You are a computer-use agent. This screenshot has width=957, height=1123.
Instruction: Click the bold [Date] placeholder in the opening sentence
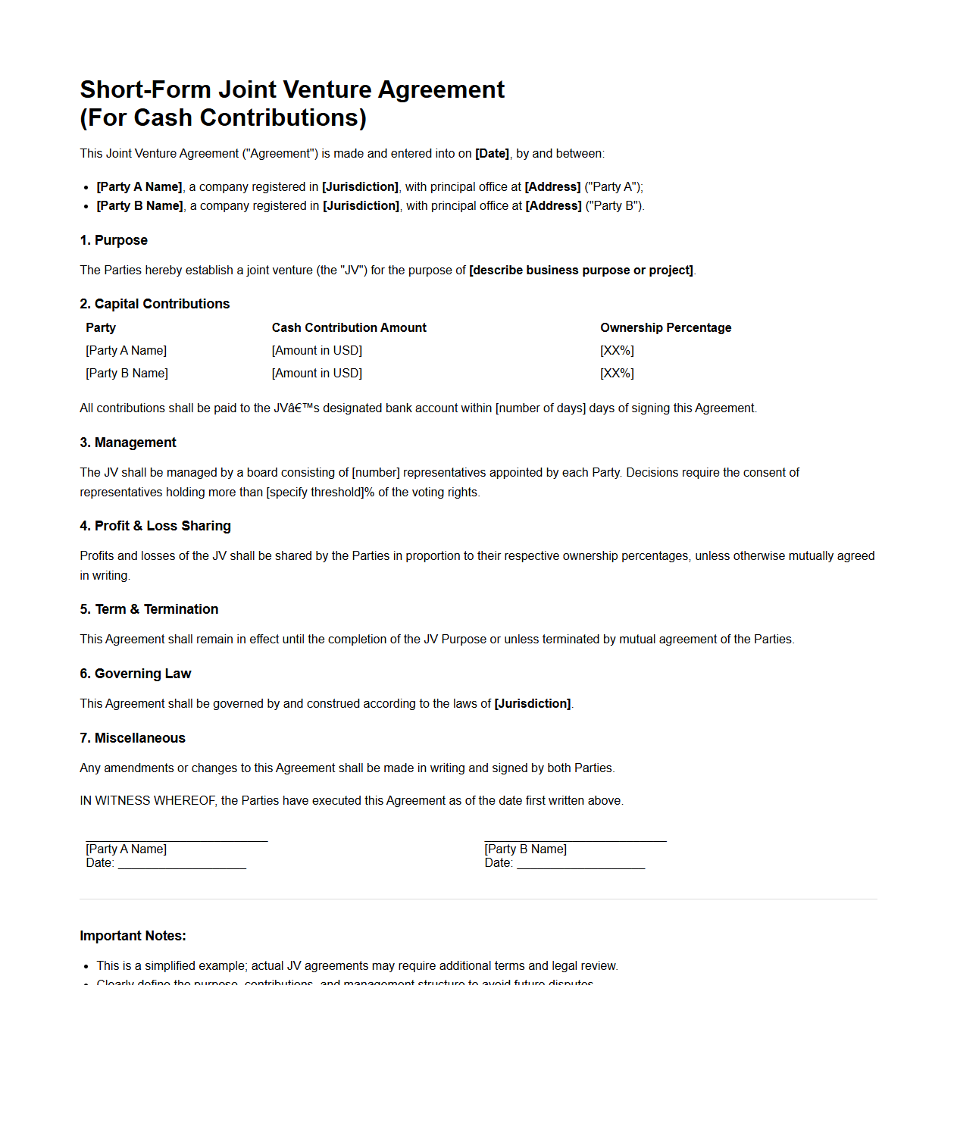click(492, 154)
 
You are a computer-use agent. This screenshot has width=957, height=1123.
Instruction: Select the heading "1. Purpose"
click(114, 240)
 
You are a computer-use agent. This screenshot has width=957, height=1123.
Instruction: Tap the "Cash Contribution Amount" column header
click(349, 327)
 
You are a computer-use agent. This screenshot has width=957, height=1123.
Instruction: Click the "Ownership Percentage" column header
click(665, 327)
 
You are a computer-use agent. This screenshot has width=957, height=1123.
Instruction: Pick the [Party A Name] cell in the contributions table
click(126, 350)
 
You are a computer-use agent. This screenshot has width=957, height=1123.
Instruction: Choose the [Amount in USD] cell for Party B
click(317, 373)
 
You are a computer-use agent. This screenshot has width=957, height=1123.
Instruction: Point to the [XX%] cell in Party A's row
click(617, 350)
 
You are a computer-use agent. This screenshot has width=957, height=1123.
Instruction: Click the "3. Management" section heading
click(127, 443)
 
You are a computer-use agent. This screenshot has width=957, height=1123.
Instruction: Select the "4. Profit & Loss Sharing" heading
click(155, 526)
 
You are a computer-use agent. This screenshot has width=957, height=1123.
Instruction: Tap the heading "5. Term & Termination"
click(149, 609)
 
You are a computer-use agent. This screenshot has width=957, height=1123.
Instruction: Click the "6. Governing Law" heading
click(135, 674)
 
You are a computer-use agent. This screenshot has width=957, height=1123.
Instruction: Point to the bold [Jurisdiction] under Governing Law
click(533, 704)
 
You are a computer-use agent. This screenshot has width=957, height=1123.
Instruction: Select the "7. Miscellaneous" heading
click(133, 738)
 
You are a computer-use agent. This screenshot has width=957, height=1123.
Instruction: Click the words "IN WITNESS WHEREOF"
click(148, 801)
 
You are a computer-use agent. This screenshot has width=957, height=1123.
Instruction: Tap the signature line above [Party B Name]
click(575, 840)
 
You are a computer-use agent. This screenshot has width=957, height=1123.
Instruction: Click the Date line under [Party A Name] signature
click(182, 867)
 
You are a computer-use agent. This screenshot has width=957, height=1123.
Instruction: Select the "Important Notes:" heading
click(133, 936)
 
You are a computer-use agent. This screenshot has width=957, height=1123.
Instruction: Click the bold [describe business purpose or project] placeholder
click(581, 271)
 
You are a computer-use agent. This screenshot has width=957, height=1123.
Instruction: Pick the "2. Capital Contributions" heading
click(155, 304)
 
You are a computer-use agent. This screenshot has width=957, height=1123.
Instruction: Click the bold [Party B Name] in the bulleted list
click(140, 206)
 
